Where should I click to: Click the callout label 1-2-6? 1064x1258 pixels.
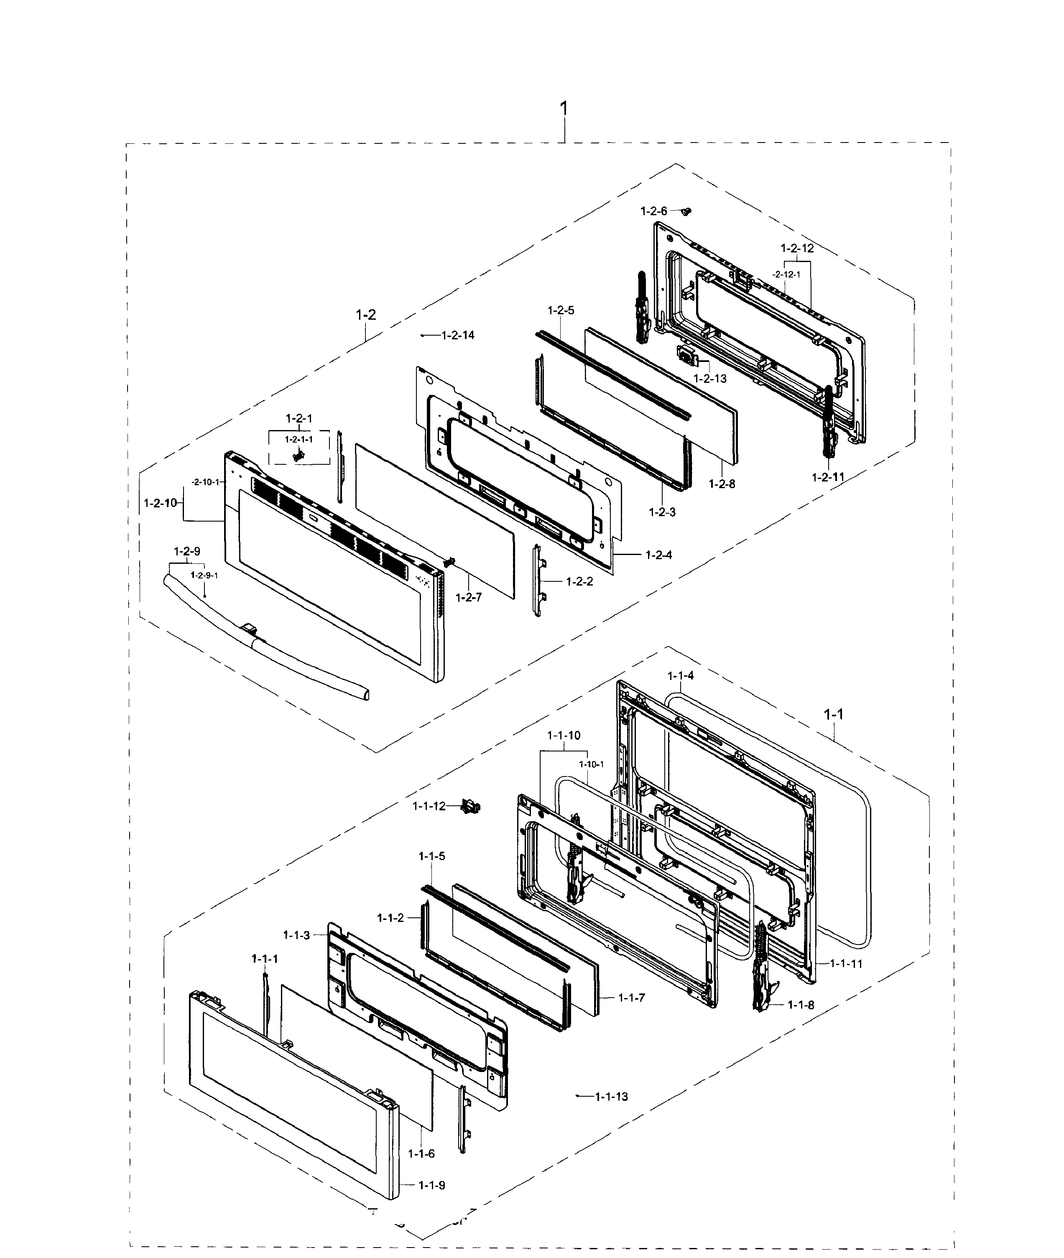653,211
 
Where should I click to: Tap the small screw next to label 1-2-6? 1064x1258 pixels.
685,211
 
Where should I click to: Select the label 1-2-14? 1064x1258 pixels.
458,335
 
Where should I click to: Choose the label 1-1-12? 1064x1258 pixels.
429,806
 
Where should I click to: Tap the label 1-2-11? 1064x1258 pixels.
827,477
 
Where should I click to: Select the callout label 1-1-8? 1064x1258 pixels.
801,1005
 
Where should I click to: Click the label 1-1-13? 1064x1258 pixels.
611,1096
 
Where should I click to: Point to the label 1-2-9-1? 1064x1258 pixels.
204,576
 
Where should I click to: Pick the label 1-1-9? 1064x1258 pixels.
432,1185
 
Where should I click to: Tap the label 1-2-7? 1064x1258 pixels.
469,598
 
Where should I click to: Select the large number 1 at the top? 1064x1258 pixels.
564,109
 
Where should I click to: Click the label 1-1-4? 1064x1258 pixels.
680,675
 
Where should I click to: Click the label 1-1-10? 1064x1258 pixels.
564,735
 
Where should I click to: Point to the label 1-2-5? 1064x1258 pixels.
561,311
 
